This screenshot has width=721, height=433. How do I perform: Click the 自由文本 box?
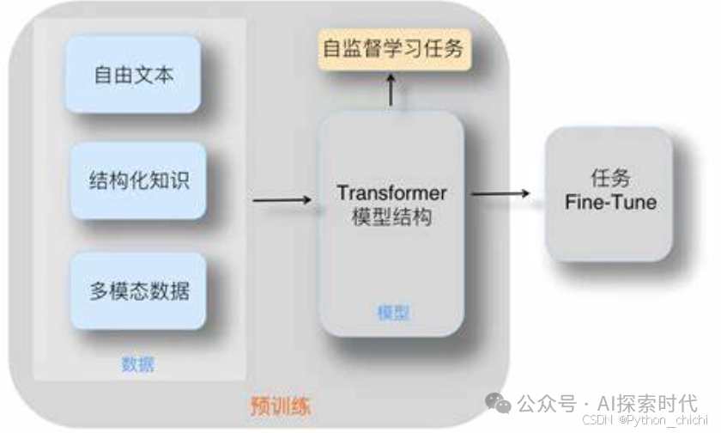coord(134,74)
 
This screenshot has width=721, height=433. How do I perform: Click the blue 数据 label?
coord(137,364)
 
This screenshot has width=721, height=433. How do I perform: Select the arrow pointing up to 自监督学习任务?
coord(391,90)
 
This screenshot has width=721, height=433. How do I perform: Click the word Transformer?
coord(391,192)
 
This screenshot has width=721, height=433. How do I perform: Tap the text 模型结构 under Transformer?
coord(391,216)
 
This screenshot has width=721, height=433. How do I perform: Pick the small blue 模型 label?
coord(392,313)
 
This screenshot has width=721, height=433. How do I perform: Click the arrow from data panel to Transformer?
coord(282,200)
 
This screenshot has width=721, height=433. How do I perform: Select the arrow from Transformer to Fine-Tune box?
coord(501,193)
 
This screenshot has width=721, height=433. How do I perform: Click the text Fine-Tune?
coord(610,203)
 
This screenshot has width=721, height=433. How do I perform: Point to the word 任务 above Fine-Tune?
coord(610,178)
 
